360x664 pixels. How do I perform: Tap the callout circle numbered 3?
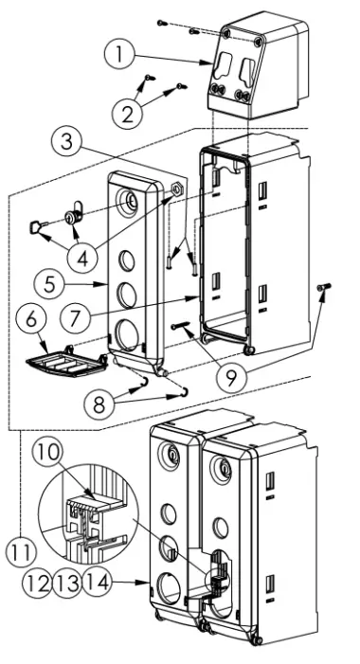pyautogui.click(x=66, y=142)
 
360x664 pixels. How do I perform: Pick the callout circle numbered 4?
pyautogui.click(x=82, y=257)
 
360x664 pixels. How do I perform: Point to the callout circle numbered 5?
pyautogui.click(x=50, y=284)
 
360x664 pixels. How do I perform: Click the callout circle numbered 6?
pyautogui.click(x=30, y=319)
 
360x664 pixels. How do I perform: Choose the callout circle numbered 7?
pyautogui.click(x=75, y=317)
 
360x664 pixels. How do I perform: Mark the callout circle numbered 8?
pyautogui.click(x=99, y=404)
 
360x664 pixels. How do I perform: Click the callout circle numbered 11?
pyautogui.click(x=21, y=551)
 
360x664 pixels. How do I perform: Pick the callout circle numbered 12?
pyautogui.click(x=37, y=583)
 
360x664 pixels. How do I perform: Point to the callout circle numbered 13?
pyautogui.click(x=67, y=583)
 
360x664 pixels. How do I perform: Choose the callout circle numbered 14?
pyautogui.click(x=98, y=583)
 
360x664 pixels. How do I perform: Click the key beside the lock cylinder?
pyautogui.click(x=37, y=226)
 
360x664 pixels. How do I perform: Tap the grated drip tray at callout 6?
pyautogui.click(x=66, y=361)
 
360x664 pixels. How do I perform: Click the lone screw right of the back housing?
pyautogui.click(x=324, y=288)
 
